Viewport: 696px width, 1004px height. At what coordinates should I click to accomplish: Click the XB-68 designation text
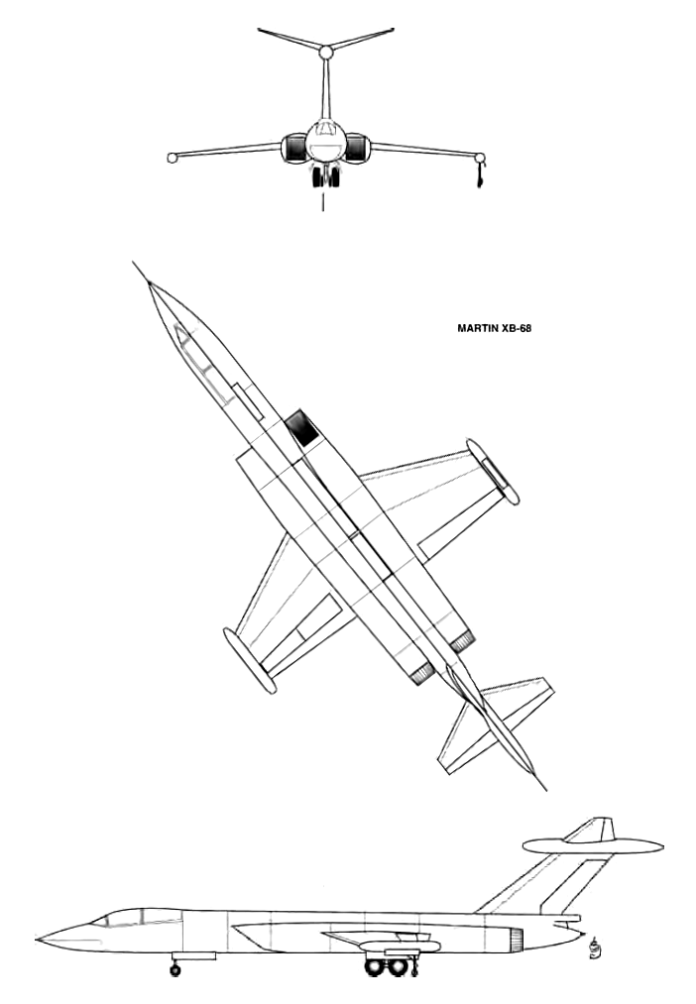(517, 328)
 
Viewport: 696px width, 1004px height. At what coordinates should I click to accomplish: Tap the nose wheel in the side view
(174, 969)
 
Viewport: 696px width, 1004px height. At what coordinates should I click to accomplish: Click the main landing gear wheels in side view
(386, 966)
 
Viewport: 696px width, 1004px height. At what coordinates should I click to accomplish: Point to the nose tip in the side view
(37, 940)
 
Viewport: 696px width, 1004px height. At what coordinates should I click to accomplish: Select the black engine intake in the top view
(302, 427)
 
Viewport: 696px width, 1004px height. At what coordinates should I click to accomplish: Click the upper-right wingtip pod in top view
(493, 471)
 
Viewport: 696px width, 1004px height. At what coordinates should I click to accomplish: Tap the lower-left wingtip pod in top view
(250, 660)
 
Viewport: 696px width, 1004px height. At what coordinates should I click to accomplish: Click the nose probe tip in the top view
(133, 262)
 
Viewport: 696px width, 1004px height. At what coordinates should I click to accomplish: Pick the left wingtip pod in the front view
(172, 158)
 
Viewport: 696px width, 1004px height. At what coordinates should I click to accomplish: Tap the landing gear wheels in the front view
(326, 176)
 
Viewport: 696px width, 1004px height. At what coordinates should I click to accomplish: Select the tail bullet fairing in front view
(326, 52)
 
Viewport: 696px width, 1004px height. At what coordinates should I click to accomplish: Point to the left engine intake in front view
(293, 148)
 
